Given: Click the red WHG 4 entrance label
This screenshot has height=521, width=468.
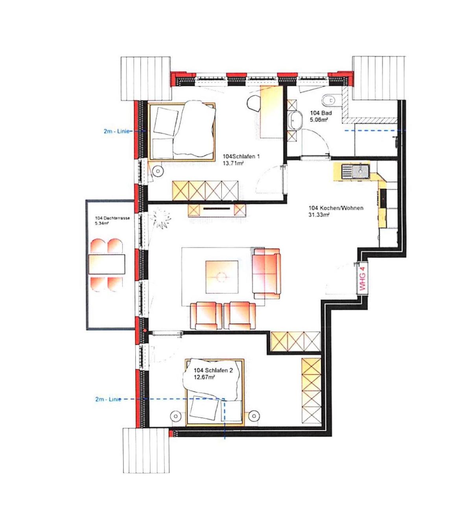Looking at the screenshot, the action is coord(363,279).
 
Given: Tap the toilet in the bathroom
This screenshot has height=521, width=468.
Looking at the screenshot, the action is coord(329,100).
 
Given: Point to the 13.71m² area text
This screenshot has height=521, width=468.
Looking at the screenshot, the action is coord(233,163).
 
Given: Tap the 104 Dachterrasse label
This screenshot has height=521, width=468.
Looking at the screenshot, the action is coord(112,218).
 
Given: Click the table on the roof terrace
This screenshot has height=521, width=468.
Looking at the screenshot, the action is coord(107,264).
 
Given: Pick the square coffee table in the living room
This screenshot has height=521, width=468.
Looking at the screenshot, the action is coord(222,277).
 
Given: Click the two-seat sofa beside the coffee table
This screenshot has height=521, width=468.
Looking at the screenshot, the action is coord(266,273).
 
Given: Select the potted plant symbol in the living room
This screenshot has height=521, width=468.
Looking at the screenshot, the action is coord(161,218).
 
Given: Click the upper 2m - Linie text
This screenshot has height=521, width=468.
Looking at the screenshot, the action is coord(116,131).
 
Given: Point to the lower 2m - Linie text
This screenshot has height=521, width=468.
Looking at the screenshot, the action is coord(108,400).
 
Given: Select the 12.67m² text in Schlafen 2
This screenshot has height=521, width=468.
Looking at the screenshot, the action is coord(205,377).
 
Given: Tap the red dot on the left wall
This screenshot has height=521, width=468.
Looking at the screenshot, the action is coord(145,330).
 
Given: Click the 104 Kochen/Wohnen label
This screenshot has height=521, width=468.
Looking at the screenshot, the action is coord(336,208).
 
